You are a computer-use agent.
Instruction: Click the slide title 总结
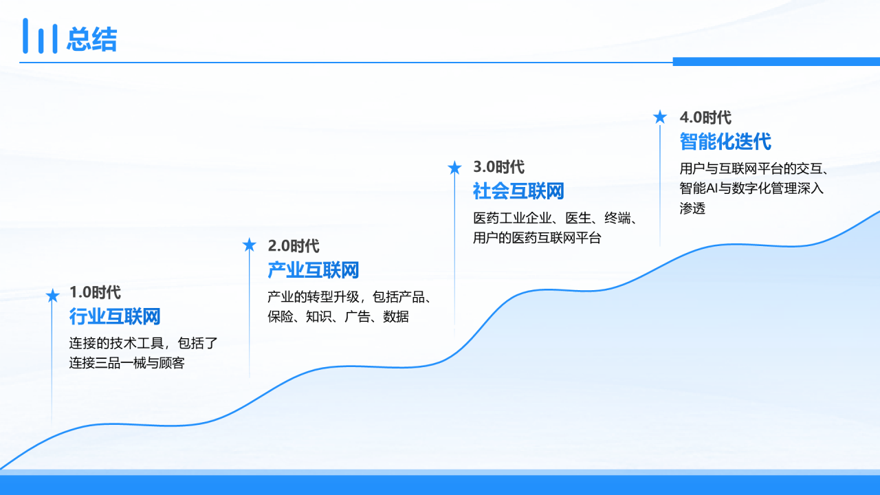92,39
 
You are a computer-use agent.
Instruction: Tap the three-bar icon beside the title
40,36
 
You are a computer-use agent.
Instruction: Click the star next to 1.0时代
52,296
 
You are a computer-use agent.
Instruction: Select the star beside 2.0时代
249,245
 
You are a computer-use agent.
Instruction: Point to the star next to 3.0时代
454,168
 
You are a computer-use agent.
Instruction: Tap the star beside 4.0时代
660,117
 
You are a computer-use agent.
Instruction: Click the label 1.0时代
95,292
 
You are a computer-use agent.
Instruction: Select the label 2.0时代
294,246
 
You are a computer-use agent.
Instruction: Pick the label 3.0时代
498,167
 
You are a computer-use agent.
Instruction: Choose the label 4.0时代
705,118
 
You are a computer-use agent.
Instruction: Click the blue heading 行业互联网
115,317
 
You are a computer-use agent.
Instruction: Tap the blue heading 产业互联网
313,270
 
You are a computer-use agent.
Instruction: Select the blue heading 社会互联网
518,191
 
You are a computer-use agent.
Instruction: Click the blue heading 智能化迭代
725,142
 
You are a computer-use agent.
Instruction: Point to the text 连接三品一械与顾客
127,362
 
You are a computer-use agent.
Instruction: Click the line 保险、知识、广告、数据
338,316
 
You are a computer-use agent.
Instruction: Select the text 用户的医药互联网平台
537,238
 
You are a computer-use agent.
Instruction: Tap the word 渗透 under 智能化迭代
692,208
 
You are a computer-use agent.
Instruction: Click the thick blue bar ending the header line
776,62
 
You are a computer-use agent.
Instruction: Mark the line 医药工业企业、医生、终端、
555,218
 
